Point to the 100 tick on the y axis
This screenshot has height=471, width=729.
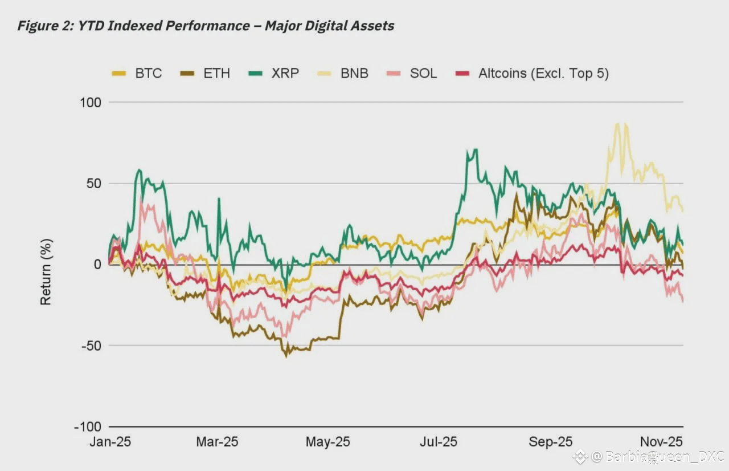[89, 103]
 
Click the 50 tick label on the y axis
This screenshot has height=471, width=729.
[93, 184]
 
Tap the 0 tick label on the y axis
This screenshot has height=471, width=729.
[97, 265]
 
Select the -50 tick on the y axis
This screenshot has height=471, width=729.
[91, 346]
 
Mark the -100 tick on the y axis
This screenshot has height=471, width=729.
[87, 427]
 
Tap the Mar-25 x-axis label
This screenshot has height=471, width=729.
[217, 442]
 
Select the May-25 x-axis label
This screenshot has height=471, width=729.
[327, 442]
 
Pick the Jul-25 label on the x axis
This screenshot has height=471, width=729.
[439, 442]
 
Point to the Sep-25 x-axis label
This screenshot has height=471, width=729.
[550, 442]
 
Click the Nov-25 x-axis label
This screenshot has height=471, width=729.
[661, 442]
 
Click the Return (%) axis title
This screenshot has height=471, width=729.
[46, 271]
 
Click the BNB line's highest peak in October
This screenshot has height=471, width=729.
[617, 123]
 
